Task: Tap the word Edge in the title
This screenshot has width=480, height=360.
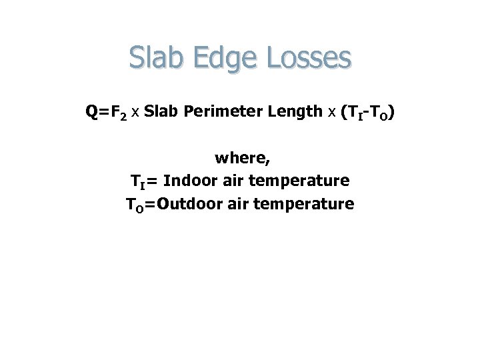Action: pos(219,58)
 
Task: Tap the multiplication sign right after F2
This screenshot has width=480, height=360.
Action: pos(135,113)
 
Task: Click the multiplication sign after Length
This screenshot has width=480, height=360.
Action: pos(331,113)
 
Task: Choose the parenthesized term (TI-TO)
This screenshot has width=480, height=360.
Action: pos(367,113)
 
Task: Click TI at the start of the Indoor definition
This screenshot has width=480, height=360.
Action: pos(137,181)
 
